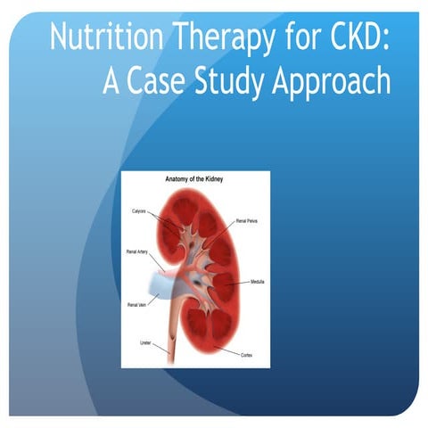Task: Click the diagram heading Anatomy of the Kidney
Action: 196,178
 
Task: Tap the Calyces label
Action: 138,211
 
